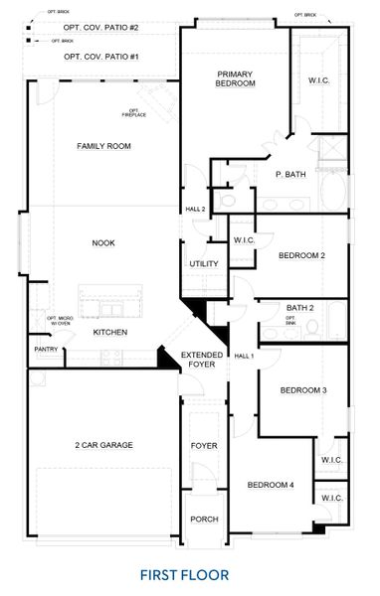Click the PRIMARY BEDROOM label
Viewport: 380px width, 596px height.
[x=236, y=78]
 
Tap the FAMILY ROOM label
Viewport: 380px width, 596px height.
[x=104, y=146]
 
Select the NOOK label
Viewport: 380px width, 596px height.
[x=103, y=242]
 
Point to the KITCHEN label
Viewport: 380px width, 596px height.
[x=109, y=332]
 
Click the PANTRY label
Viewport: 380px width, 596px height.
[x=46, y=349]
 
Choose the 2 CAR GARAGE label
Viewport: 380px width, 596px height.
[x=103, y=445]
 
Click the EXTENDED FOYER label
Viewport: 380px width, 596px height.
[x=202, y=360]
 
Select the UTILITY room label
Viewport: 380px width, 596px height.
[x=204, y=264]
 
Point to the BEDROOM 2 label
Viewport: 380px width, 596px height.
[x=301, y=256]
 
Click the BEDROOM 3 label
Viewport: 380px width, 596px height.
[x=302, y=390]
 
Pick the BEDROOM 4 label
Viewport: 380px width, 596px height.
[x=271, y=485]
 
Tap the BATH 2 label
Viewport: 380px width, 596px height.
[x=299, y=308]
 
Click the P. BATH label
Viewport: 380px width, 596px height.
[x=290, y=175]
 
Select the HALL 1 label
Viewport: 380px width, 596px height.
[x=244, y=356]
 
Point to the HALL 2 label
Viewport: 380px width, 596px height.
[x=195, y=210]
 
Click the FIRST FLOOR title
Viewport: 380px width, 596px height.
[x=184, y=574]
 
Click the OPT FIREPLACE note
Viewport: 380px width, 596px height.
[x=133, y=112]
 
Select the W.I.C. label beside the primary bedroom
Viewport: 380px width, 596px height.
[x=319, y=79]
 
